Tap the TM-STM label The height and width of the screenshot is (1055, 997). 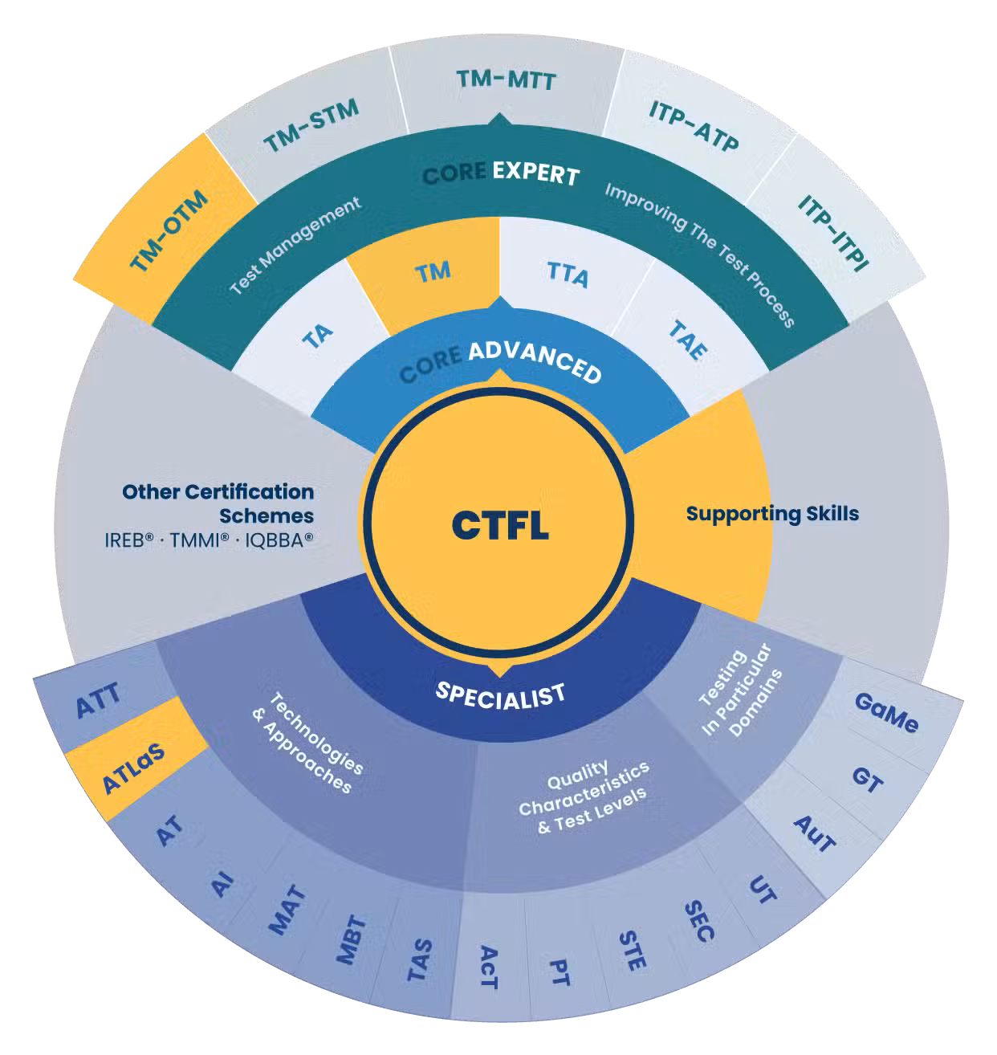311,125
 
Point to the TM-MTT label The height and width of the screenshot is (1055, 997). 506,80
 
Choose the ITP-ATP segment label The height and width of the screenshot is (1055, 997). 694,126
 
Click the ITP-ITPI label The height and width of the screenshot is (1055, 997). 832,233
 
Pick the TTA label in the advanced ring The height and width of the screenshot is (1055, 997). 568,275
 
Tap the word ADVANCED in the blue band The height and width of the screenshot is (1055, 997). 535,361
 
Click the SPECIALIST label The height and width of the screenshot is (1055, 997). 499,695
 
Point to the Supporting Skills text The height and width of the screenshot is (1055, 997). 772,514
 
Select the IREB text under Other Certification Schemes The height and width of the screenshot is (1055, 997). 128,540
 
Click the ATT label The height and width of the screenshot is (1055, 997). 98,700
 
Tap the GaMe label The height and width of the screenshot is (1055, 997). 886,713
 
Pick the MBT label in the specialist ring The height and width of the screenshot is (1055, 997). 352,940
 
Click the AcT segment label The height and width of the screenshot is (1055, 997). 488,967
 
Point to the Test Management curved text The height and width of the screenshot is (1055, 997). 295,245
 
